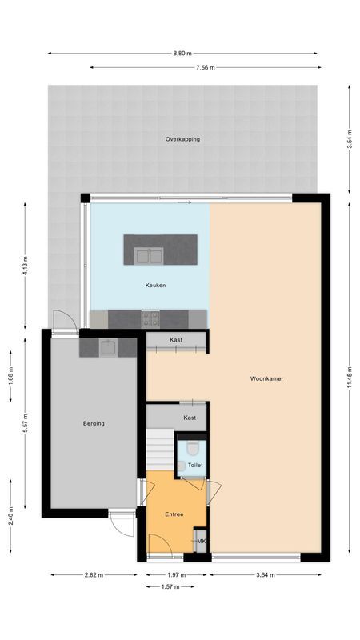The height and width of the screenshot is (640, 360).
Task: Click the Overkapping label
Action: [x=182, y=139]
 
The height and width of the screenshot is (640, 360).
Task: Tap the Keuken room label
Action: [x=155, y=286]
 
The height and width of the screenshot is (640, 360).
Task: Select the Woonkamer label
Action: [x=267, y=379]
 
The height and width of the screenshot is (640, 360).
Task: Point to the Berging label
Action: [x=94, y=424]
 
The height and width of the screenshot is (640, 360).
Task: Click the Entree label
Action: [x=174, y=514]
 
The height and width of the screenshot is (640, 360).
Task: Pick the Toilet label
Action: [x=195, y=465]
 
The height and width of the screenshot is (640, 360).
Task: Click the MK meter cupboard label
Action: [x=201, y=542]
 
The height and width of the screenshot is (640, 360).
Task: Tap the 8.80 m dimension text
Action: [x=182, y=54]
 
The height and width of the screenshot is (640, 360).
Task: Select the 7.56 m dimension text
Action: [x=205, y=68]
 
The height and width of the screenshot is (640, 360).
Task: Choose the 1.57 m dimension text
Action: [x=170, y=586]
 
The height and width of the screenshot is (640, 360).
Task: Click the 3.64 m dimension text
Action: [x=266, y=574]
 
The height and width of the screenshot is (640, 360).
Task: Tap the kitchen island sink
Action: [x=150, y=255]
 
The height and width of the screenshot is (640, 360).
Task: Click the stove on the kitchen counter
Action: [x=150, y=318]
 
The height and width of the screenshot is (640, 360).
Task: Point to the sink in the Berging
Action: [x=106, y=346]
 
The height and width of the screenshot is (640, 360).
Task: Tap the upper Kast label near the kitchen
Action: [x=176, y=340]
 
